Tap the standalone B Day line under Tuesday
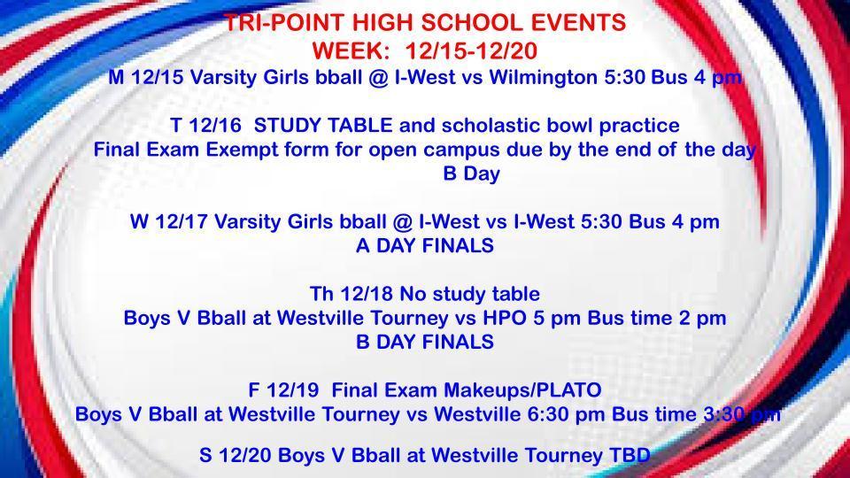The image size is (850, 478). (471, 174)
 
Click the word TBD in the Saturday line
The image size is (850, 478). (629, 456)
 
